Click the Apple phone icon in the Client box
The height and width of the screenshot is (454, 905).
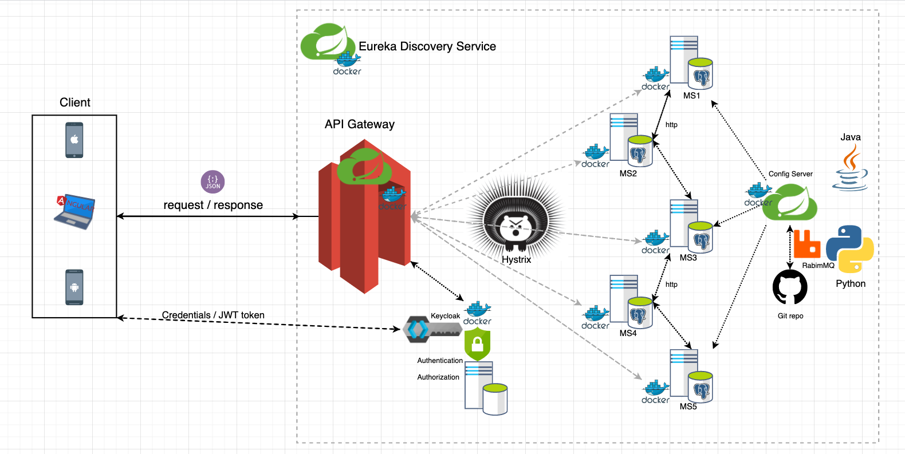(x=74, y=140)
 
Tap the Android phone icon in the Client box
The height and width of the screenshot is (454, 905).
(x=74, y=287)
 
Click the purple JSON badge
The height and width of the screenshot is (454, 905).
(x=213, y=182)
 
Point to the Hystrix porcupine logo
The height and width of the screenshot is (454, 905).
(x=516, y=223)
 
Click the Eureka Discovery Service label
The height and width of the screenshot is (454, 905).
(x=427, y=46)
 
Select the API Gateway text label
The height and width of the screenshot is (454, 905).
(x=360, y=124)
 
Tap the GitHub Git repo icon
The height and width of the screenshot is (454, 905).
(x=790, y=287)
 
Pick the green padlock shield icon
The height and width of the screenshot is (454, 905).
(x=477, y=344)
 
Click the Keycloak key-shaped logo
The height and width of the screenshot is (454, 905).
(x=432, y=329)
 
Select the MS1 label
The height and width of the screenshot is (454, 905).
(x=691, y=96)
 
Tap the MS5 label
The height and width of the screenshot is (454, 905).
(x=688, y=406)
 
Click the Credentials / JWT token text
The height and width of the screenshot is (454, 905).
(x=213, y=315)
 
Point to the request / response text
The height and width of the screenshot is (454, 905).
(x=213, y=205)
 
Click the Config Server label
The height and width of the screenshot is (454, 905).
(x=790, y=174)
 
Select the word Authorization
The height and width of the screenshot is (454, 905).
(x=438, y=377)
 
